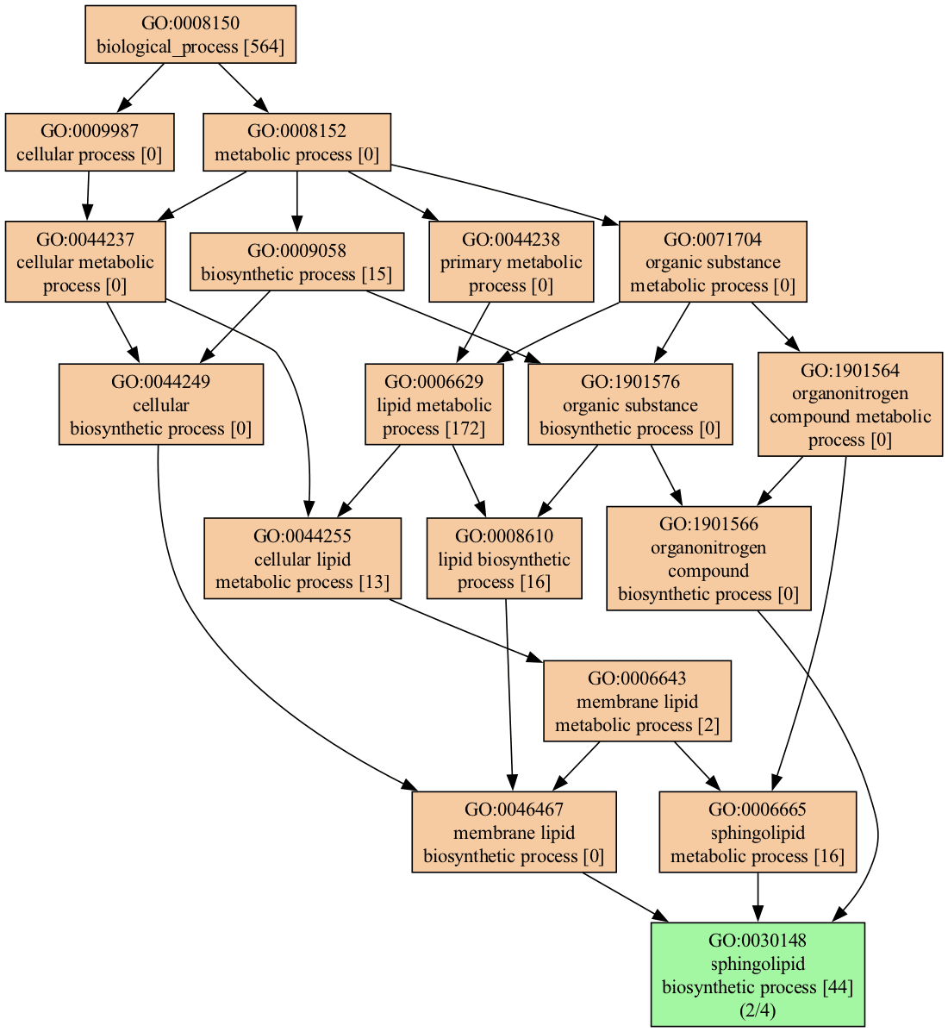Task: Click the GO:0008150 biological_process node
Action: click(x=190, y=34)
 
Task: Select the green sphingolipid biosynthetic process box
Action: click(x=758, y=974)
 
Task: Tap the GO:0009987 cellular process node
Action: click(x=90, y=142)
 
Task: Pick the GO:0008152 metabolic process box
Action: click(x=296, y=142)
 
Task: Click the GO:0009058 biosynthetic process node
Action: click(x=296, y=262)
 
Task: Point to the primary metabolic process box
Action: click(x=511, y=262)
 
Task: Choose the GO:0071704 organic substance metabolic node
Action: click(x=713, y=262)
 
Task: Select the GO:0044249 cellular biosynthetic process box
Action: click(x=160, y=404)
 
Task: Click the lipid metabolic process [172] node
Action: click(x=434, y=404)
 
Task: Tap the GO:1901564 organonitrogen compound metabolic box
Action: click(x=850, y=404)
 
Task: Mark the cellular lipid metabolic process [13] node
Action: click(x=302, y=559)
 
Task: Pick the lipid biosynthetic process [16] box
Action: click(x=504, y=559)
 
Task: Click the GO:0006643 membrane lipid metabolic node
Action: click(x=637, y=701)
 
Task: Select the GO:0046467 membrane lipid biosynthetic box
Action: click(x=514, y=832)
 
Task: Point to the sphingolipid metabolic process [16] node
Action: click(x=758, y=832)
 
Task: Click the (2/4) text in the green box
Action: click(x=758, y=1010)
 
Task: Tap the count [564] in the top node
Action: click(x=265, y=47)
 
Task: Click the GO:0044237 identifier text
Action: click(x=85, y=239)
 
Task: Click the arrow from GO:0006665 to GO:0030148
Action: click(x=758, y=898)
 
